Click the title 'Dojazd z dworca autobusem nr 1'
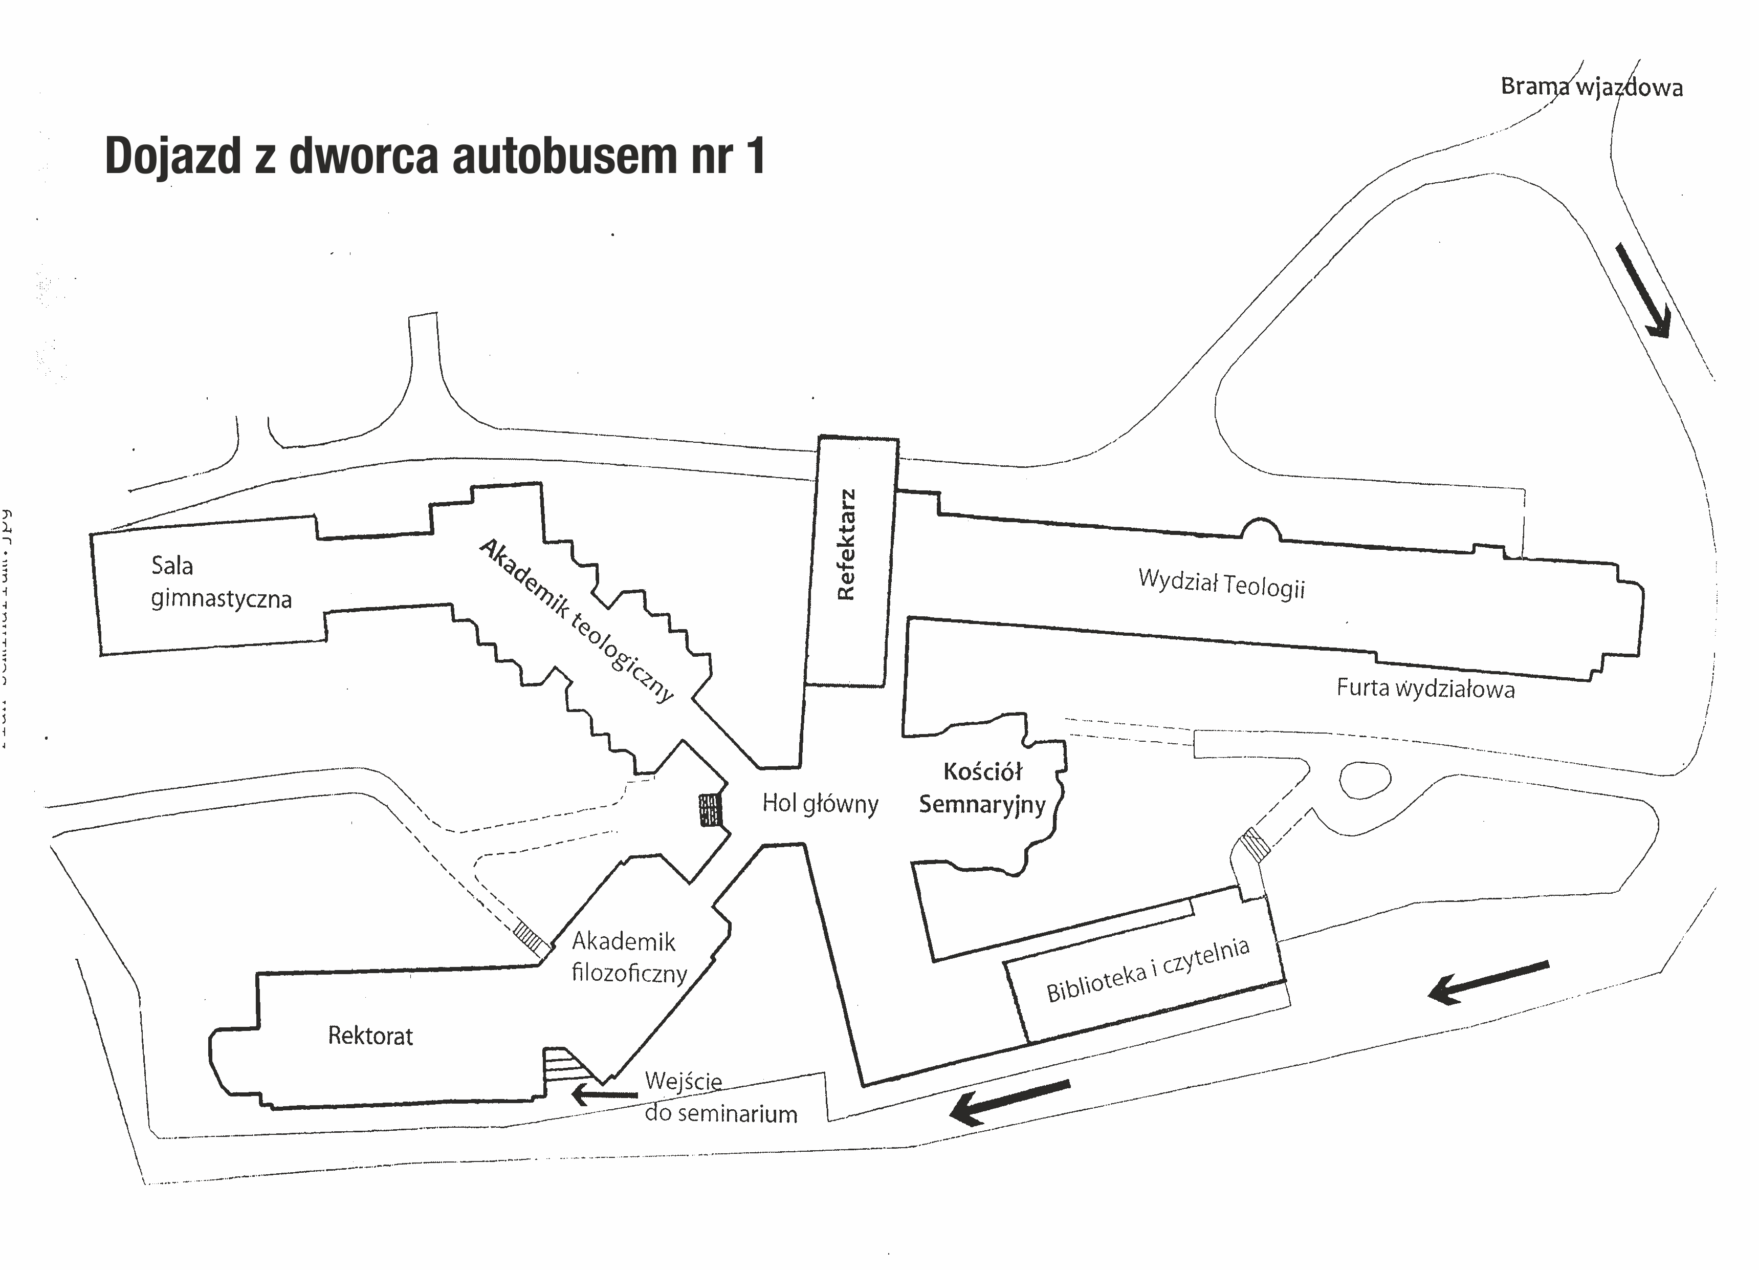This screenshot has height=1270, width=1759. [x=435, y=156]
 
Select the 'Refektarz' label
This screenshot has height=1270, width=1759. [x=846, y=545]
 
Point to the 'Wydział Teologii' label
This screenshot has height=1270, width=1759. [x=1222, y=584]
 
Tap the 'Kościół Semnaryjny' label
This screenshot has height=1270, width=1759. [x=983, y=788]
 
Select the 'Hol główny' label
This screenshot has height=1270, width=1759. [x=820, y=803]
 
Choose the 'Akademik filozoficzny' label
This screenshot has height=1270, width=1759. [x=629, y=957]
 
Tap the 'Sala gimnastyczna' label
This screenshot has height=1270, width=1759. [x=221, y=582]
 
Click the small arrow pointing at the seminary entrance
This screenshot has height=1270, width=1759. [x=603, y=1094]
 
